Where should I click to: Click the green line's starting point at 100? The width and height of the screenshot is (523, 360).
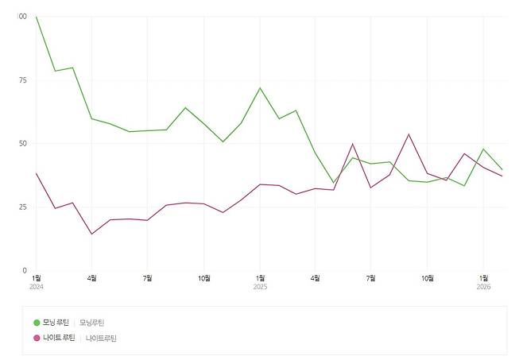36,17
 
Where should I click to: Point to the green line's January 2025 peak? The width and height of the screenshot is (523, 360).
260,87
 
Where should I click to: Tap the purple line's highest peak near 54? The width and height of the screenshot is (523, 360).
409,134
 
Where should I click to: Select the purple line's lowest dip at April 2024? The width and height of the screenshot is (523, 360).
91,234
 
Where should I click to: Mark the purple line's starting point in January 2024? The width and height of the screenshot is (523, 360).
36,173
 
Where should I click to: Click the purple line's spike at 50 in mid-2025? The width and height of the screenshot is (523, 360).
353,144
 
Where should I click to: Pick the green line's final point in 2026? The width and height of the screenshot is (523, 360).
502,170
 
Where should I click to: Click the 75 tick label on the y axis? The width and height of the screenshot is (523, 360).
22,80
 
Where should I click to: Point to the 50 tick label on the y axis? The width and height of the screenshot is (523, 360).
22,144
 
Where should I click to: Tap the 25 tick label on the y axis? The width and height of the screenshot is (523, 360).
22,207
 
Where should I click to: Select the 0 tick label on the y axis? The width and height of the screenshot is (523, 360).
25,271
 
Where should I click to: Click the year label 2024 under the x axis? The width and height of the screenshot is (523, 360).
37,286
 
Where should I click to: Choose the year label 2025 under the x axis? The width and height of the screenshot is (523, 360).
260,286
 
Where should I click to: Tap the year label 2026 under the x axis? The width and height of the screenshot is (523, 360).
483,286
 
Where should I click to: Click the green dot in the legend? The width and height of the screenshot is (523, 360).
37,322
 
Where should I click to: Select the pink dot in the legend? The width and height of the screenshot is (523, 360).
37,338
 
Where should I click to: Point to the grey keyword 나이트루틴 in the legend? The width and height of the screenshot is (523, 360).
101,338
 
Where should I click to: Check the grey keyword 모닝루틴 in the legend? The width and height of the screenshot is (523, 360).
91,322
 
